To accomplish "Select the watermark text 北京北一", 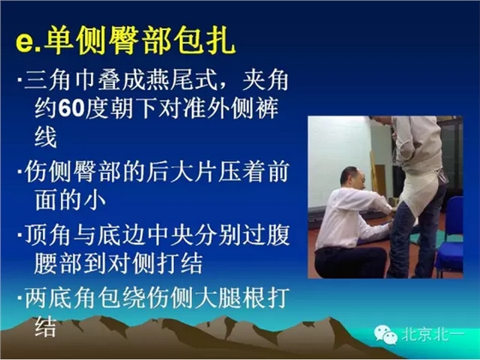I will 440,337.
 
